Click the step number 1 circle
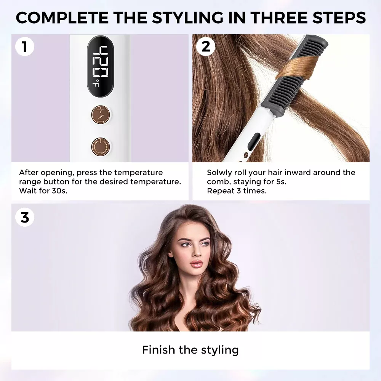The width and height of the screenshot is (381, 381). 24,46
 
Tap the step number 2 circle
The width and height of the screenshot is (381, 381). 206,46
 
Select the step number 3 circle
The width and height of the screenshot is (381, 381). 24,217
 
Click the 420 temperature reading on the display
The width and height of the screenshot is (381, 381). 100,61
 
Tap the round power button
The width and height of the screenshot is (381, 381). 100,147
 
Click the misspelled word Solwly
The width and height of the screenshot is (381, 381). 220,173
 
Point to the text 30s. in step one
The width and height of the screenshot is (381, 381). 59,191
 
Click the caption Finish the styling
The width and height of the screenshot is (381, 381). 190,350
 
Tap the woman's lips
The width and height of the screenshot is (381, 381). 196,263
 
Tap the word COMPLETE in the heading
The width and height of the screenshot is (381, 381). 62,18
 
